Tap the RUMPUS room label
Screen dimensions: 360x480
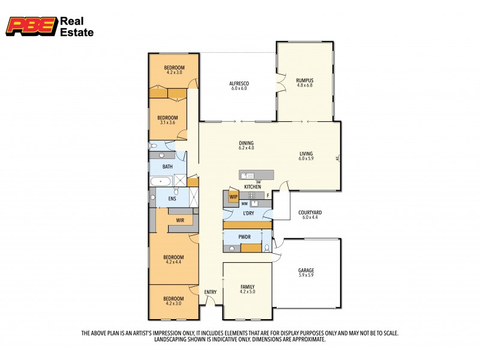pyautogui.click(x=304, y=80)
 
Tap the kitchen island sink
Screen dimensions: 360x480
pyautogui.click(x=248, y=175)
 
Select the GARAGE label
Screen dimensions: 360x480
pyautogui.click(x=306, y=271)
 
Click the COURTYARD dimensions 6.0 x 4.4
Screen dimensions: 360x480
pyautogui.click(x=310, y=217)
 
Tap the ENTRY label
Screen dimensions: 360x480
pyautogui.click(x=210, y=292)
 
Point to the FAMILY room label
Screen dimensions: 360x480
pyautogui.click(x=247, y=287)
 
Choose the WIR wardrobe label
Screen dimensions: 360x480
pyautogui.click(x=180, y=221)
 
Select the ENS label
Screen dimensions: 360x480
pyautogui.click(x=172, y=199)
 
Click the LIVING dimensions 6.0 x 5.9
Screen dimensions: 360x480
pyautogui.click(x=307, y=159)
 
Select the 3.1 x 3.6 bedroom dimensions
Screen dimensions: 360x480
pyautogui.click(x=168, y=122)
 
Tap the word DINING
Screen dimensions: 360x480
pyautogui.click(x=246, y=143)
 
